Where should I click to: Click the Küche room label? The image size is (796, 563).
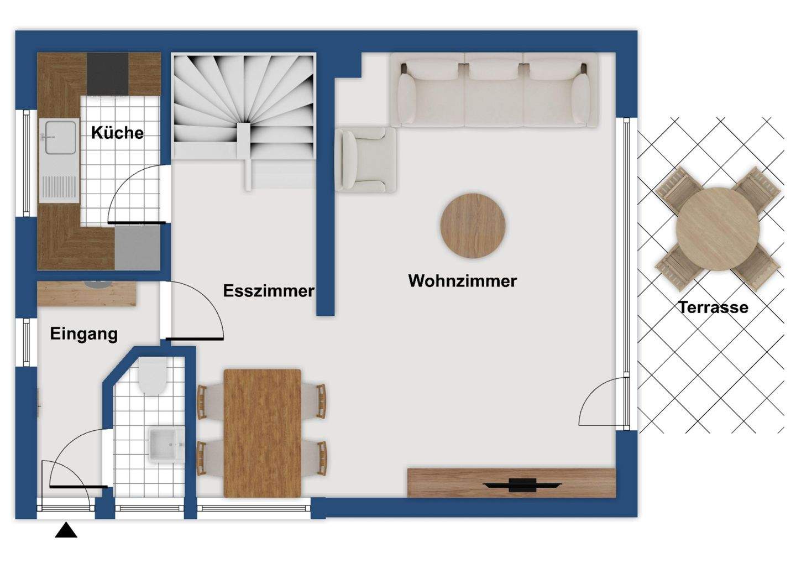click(x=117, y=133)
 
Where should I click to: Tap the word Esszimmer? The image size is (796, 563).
click(x=269, y=291)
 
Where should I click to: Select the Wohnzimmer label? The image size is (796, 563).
click(x=462, y=281)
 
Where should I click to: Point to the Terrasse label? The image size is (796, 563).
click(x=713, y=307)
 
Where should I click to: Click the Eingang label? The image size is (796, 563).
click(x=83, y=334)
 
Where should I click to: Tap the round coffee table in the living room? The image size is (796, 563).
click(x=473, y=226)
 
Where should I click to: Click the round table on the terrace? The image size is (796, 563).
click(x=718, y=228)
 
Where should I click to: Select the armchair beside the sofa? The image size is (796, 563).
click(x=366, y=159)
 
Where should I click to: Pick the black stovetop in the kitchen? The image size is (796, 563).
click(x=108, y=74)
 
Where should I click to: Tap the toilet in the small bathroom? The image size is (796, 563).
click(x=152, y=377)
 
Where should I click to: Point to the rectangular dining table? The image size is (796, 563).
click(x=263, y=433)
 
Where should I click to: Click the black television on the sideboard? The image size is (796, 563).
click(x=522, y=486)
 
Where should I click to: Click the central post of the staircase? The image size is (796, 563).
click(x=244, y=138)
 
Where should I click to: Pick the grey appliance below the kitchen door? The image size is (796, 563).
click(x=137, y=247)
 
